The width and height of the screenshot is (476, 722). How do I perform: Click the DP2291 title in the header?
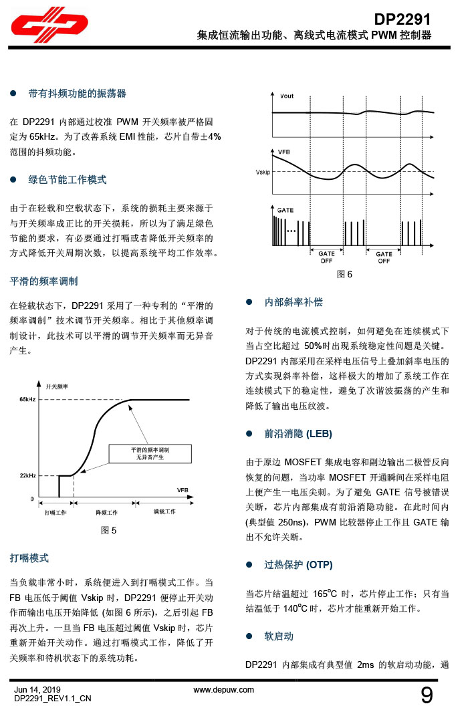pos(402,19)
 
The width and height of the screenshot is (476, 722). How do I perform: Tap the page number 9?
pos(426,695)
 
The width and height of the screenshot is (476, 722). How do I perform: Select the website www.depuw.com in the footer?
pos(224,689)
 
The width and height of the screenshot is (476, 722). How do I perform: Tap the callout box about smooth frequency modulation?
pos(150,455)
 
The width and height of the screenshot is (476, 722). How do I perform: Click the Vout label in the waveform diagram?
pos(286,96)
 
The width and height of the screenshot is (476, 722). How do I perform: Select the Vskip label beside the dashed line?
pos(263,172)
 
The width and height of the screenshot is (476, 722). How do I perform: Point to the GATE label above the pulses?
pos(285,210)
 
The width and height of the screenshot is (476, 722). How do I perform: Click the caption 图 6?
pos(344,275)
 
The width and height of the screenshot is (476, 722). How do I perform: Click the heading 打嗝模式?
pos(29,558)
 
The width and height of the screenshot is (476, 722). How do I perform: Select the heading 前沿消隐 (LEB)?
pos(298,434)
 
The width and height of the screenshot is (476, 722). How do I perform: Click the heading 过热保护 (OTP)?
pos(298,565)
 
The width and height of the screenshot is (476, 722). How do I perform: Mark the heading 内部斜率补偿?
pos(293,302)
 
